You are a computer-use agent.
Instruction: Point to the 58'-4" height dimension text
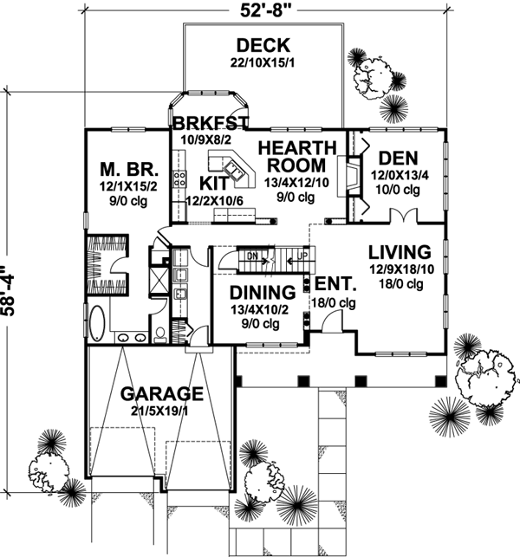pos(10,284)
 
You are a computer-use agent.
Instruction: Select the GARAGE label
pos(162,394)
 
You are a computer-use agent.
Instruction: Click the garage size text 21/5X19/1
pos(162,411)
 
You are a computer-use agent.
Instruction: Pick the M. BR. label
pos(120,168)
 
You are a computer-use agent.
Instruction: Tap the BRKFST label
pos(210,122)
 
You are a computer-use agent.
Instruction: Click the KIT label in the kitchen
pos(213,183)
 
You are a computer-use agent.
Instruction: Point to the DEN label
pos(398,158)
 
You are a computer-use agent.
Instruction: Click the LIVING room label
pos(399,252)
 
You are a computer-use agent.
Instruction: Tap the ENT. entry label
pos(331,284)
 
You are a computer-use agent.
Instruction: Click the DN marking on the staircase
pos(251,256)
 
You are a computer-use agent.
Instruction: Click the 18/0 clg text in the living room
pos(399,285)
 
